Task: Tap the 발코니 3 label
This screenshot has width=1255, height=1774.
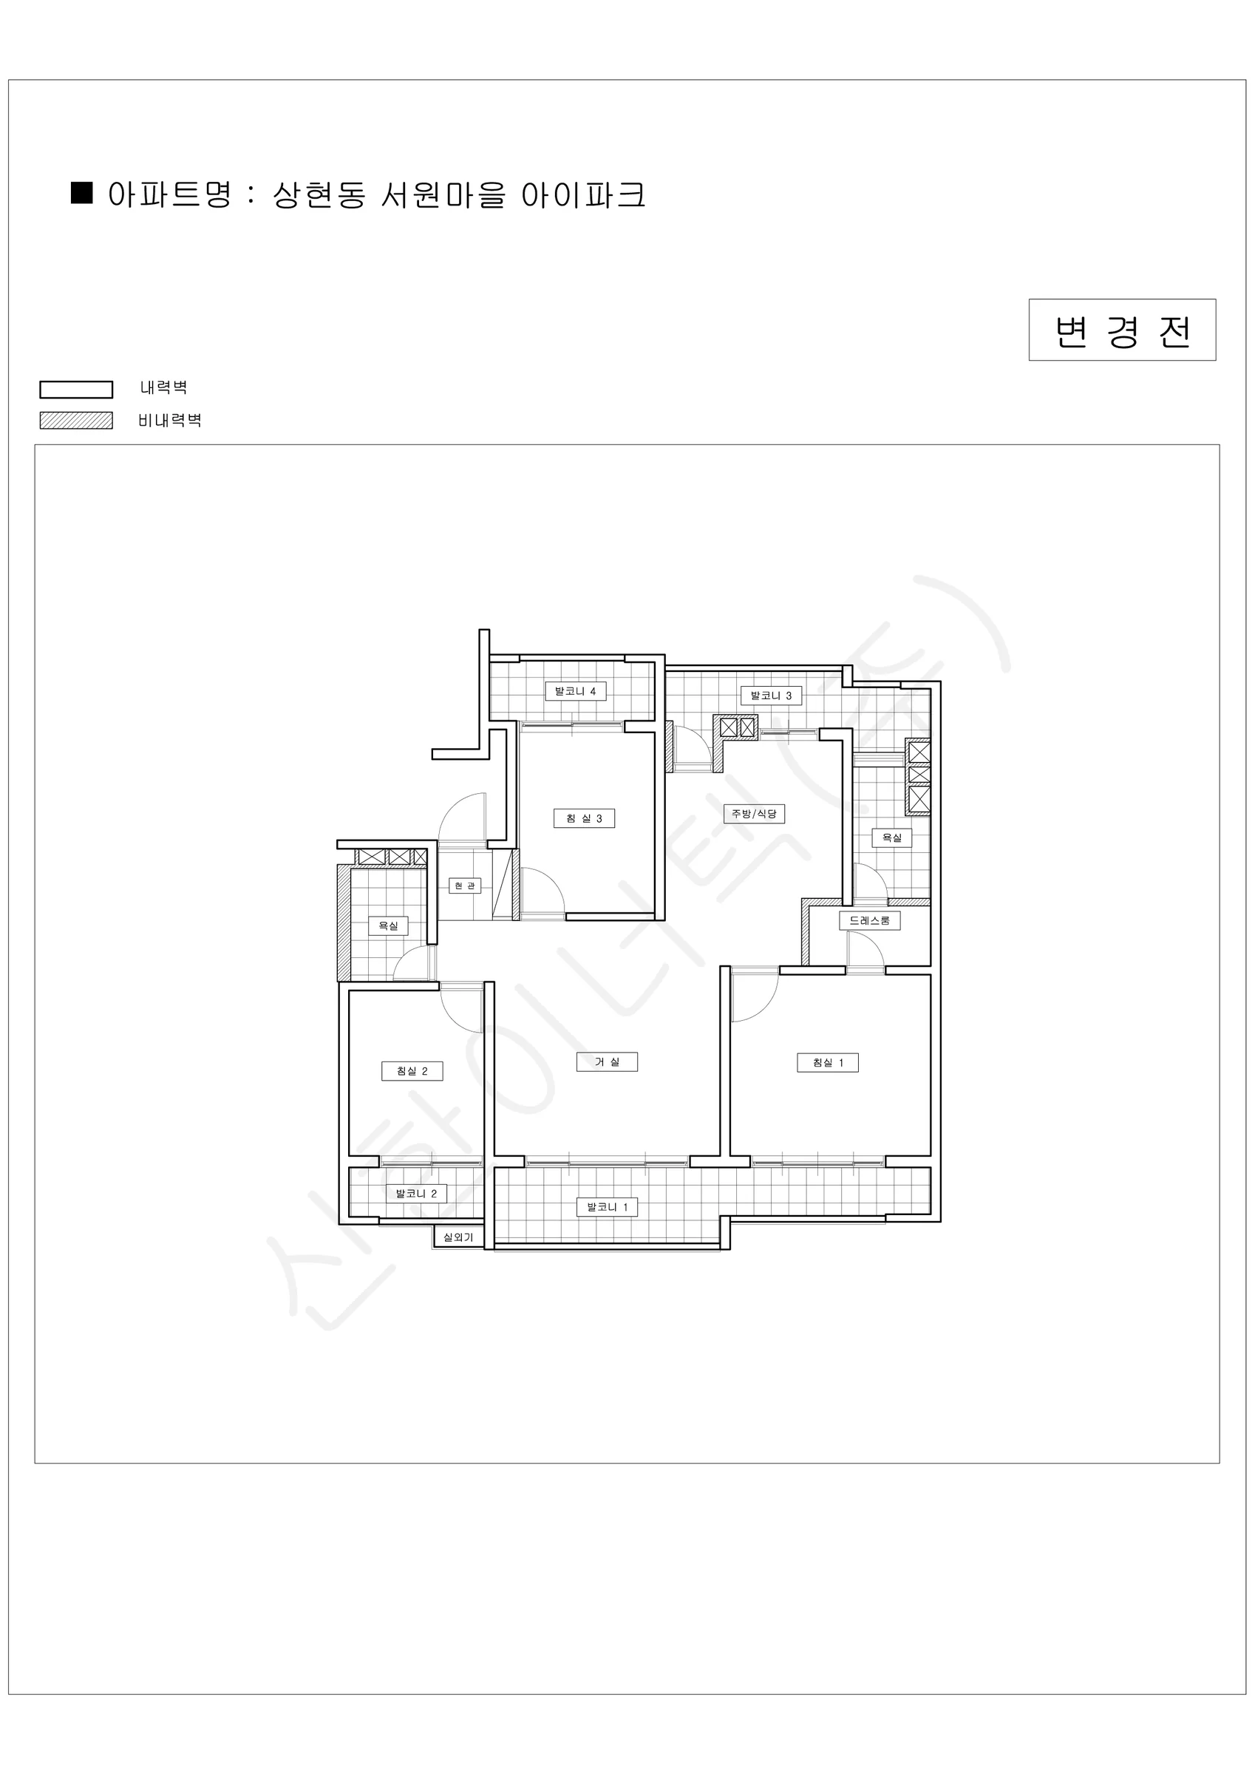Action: pyautogui.click(x=770, y=696)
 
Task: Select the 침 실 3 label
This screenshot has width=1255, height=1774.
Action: pyautogui.click(x=584, y=818)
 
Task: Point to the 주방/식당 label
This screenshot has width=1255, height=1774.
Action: pyautogui.click(x=754, y=814)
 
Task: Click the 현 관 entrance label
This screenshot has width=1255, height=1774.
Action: pyautogui.click(x=464, y=886)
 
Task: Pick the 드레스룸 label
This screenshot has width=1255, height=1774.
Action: pyautogui.click(x=869, y=920)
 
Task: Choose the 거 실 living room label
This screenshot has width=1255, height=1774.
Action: pyautogui.click(x=607, y=1061)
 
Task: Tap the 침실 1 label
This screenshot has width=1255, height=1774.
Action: pyautogui.click(x=828, y=1062)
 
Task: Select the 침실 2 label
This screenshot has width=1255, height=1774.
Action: pyautogui.click(x=412, y=1071)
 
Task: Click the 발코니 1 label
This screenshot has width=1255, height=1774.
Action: pyautogui.click(x=607, y=1207)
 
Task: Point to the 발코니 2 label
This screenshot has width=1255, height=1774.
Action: pyautogui.click(x=416, y=1194)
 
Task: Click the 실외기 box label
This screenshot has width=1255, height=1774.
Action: pyautogui.click(x=458, y=1237)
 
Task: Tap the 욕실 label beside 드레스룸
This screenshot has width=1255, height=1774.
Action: pyautogui.click(x=892, y=837)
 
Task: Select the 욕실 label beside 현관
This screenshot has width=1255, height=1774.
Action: pyautogui.click(x=388, y=925)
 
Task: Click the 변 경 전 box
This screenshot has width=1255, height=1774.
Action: pyautogui.click(x=1122, y=330)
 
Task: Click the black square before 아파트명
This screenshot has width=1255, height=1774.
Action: pyautogui.click(x=82, y=192)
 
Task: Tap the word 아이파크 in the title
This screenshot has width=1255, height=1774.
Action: pyautogui.click(x=582, y=195)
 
